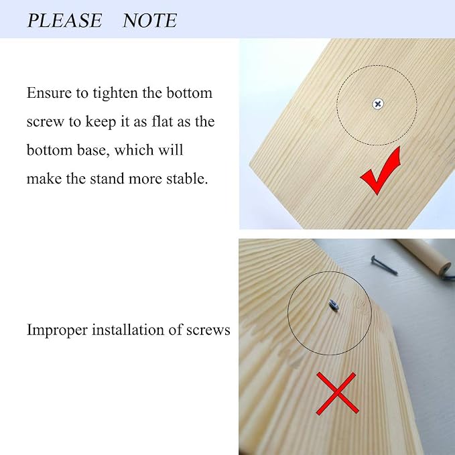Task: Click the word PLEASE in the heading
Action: click(x=64, y=20)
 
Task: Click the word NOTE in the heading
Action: click(x=149, y=20)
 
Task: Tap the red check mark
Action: click(x=381, y=171)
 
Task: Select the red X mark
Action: click(x=337, y=393)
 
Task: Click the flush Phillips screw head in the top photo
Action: click(x=378, y=104)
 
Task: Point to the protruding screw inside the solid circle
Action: click(x=334, y=306)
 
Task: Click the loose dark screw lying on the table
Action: click(x=383, y=265)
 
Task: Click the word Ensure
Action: click(x=50, y=93)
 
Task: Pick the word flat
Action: click(x=162, y=121)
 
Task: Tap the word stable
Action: click(x=187, y=178)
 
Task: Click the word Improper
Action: click(x=57, y=330)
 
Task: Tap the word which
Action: click(x=134, y=150)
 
